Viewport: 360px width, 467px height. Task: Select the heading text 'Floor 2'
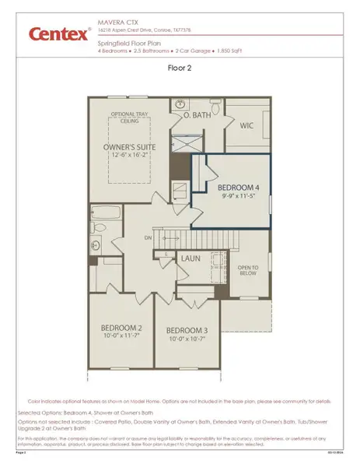click(x=180, y=68)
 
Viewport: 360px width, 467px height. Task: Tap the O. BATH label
click(x=197, y=114)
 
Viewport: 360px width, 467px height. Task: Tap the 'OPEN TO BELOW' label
click(x=246, y=269)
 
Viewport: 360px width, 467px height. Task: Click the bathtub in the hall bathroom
click(x=109, y=212)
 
